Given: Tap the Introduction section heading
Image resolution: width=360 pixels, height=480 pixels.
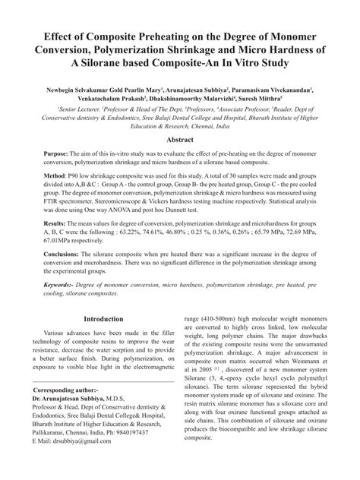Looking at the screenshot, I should pyautogui.click(x=103, y=319).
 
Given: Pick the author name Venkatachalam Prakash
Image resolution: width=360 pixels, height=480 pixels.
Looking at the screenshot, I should pyautogui.click(x=115, y=99).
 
